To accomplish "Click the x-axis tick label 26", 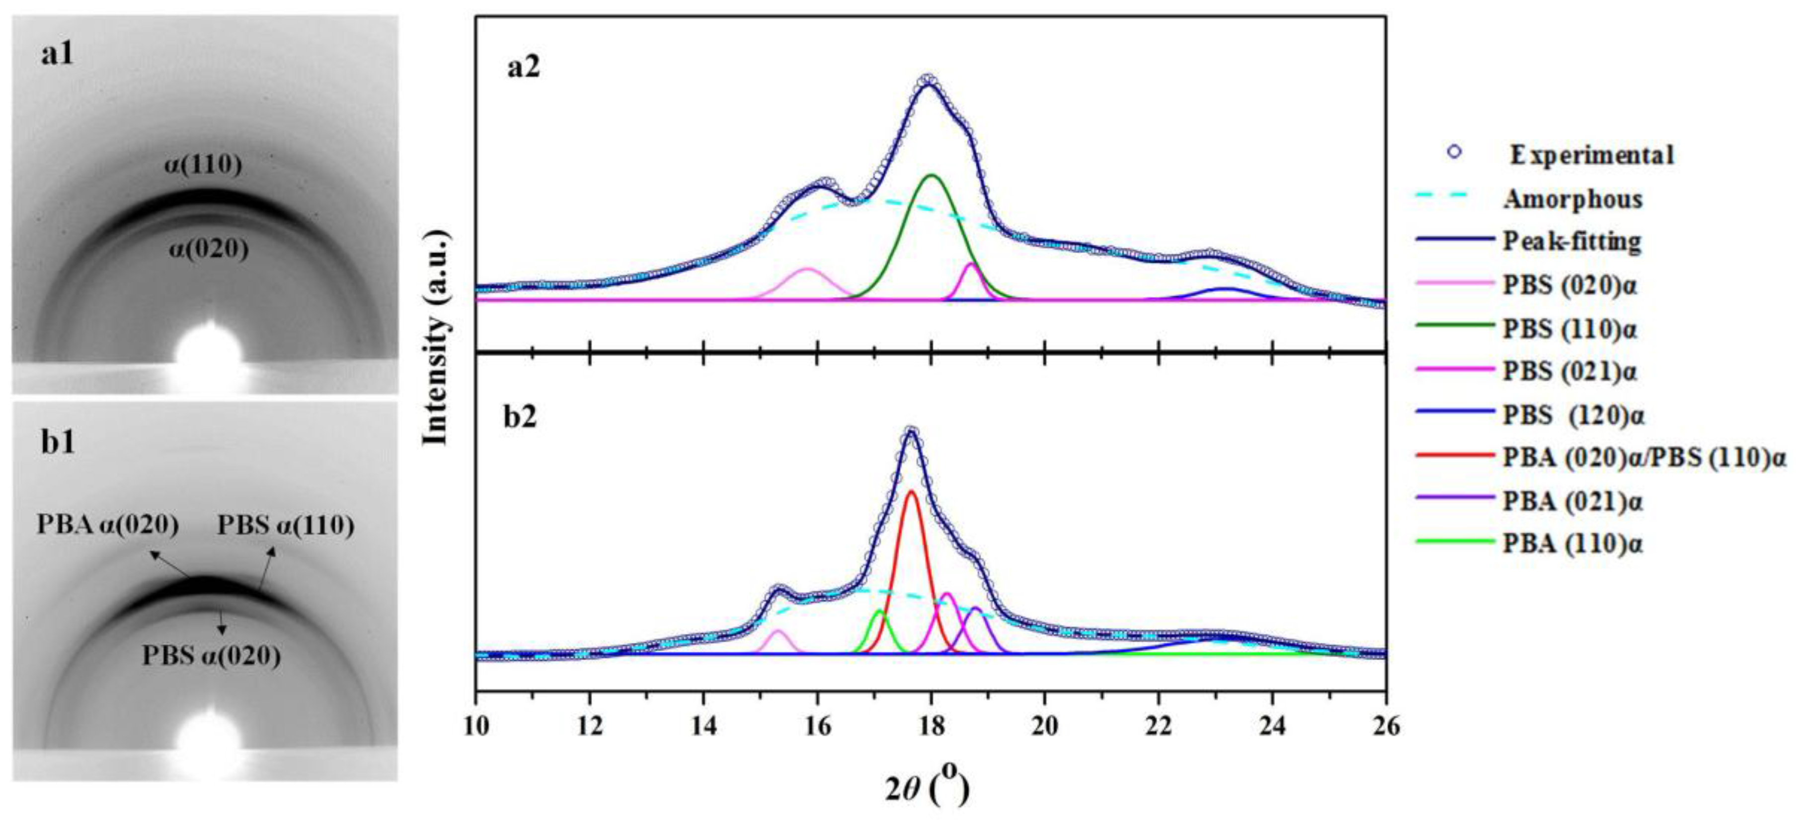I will click(1385, 727).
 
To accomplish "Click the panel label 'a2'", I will click(523, 88).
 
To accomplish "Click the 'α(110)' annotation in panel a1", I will click(203, 165).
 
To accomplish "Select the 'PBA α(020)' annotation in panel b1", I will click(107, 525).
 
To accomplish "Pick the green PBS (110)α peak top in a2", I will click(932, 176).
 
